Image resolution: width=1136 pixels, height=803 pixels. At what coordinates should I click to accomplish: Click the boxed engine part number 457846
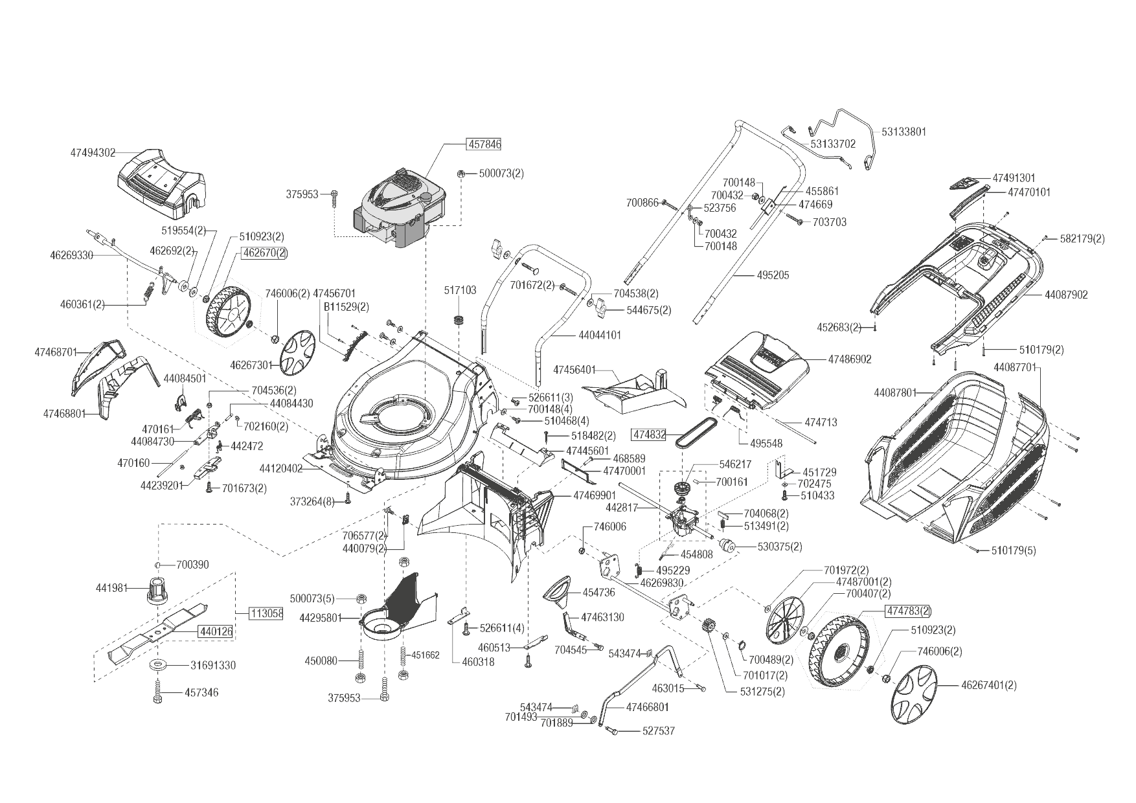tap(484, 144)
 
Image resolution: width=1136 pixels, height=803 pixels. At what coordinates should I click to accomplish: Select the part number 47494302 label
tap(93, 153)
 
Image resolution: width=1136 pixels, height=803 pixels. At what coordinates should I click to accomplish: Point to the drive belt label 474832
tap(649, 435)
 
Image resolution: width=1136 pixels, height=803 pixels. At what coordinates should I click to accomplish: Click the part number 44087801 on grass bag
tap(896, 392)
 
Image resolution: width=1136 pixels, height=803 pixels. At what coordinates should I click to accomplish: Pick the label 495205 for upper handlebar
tap(773, 275)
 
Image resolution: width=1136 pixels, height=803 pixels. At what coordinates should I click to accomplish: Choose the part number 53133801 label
tap(903, 131)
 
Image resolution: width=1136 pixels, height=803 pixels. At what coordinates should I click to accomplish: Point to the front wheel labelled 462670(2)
tap(227, 314)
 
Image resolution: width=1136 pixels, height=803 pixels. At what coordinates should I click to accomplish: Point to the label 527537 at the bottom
tap(658, 731)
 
